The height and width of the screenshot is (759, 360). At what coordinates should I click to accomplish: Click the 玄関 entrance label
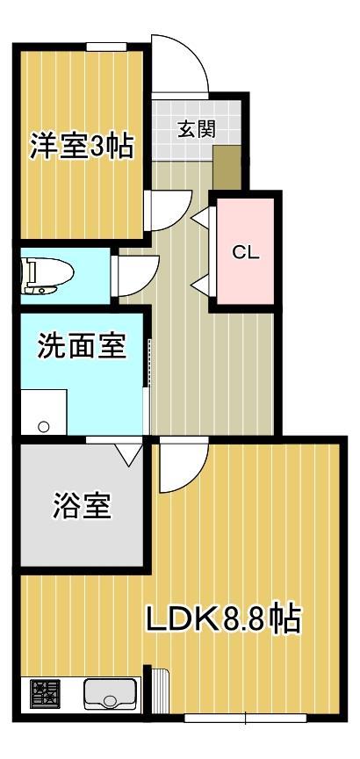click(196, 130)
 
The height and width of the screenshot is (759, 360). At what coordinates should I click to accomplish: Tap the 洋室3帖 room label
click(83, 147)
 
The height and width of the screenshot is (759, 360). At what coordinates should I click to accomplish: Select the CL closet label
click(245, 252)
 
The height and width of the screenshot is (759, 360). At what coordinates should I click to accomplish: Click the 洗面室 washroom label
click(81, 345)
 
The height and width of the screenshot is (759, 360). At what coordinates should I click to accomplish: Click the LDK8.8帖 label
click(223, 620)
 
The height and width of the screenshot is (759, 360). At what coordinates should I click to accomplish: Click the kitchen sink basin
click(109, 694)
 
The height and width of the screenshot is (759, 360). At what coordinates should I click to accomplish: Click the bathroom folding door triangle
click(129, 453)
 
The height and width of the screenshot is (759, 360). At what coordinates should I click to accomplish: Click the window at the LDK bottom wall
click(245, 718)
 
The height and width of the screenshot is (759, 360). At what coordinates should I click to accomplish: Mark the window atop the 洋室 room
click(104, 46)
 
